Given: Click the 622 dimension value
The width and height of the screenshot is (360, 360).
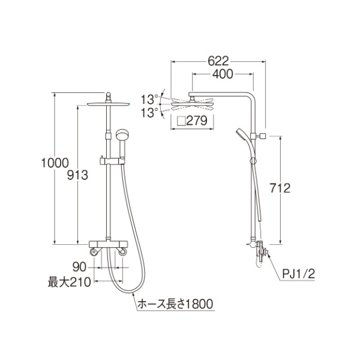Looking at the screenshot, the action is (218, 61).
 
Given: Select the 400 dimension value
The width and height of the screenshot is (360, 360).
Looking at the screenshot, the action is (223, 74).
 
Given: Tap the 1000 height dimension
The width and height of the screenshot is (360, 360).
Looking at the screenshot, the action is (55, 163).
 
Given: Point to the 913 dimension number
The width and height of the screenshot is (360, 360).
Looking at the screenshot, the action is (77, 175).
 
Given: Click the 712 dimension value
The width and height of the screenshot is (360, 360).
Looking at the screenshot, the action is (280, 188).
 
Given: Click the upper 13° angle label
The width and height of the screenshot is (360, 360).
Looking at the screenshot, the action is (149, 100).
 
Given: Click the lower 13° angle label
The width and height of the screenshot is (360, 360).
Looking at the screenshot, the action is (149, 113).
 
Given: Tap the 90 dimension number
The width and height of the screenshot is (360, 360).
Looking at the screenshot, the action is (79, 267).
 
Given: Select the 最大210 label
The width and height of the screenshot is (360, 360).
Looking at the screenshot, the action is (70, 282).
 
